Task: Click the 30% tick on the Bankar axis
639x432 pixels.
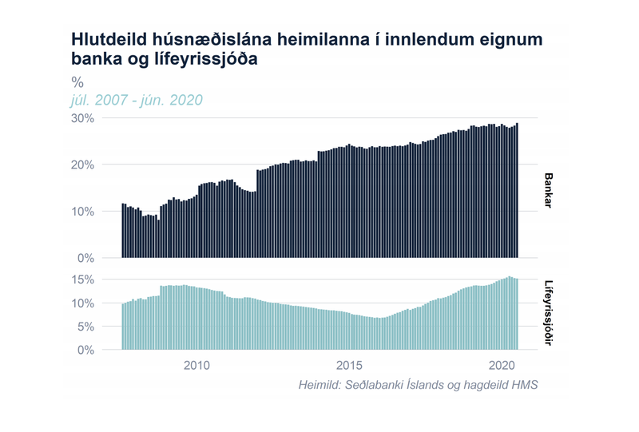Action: point(83,118)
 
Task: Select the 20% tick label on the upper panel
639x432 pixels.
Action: point(83,164)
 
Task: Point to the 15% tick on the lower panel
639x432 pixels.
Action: point(83,280)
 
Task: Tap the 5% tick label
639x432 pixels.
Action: point(86,327)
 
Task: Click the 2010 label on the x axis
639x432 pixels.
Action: point(196,366)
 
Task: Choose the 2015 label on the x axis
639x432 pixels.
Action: point(349,366)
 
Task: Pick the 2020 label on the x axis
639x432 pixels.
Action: point(501,366)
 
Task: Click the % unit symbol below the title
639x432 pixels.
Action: point(77,81)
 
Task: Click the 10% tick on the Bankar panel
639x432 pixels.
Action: point(83,212)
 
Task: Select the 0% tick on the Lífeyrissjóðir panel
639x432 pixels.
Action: point(86,350)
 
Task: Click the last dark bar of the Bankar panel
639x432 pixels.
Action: point(517,192)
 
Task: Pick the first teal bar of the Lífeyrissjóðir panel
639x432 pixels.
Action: point(122,327)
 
